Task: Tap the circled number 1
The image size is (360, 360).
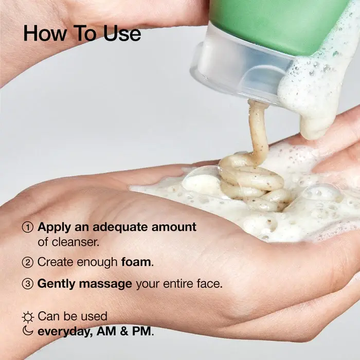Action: pyautogui.click(x=28, y=227)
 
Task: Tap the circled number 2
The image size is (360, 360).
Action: pyautogui.click(x=28, y=262)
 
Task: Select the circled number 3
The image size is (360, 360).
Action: pyautogui.click(x=28, y=283)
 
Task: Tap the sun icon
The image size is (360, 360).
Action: pyautogui.click(x=28, y=317)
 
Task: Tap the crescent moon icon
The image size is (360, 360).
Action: pyautogui.click(x=28, y=331)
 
